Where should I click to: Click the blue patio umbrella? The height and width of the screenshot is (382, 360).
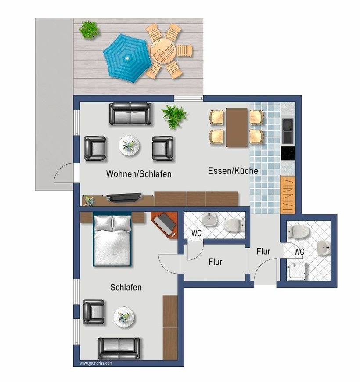126,58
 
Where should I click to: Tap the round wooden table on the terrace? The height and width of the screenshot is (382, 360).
163,51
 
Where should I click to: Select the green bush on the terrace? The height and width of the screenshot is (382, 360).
90,30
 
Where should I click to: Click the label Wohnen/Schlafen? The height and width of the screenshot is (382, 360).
139,174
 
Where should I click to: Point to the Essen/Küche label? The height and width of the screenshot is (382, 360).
233,170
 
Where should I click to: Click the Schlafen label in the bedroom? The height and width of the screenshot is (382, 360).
126,287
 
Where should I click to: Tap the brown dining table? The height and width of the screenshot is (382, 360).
237,127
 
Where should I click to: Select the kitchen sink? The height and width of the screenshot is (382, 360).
288,131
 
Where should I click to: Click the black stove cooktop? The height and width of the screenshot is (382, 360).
288,153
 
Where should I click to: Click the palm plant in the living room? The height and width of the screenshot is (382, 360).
174,116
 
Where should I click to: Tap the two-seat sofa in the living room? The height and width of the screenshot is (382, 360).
130,114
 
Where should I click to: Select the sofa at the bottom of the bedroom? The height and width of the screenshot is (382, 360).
119,348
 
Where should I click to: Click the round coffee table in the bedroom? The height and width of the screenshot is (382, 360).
124,317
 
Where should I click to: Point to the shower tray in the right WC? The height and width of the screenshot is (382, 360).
296,271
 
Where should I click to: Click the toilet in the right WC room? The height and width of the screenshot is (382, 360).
299,231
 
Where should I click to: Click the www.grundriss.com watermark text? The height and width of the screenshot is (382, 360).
96,363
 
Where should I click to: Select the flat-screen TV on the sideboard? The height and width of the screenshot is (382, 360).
124,197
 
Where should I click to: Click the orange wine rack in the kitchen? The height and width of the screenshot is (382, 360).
288,194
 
